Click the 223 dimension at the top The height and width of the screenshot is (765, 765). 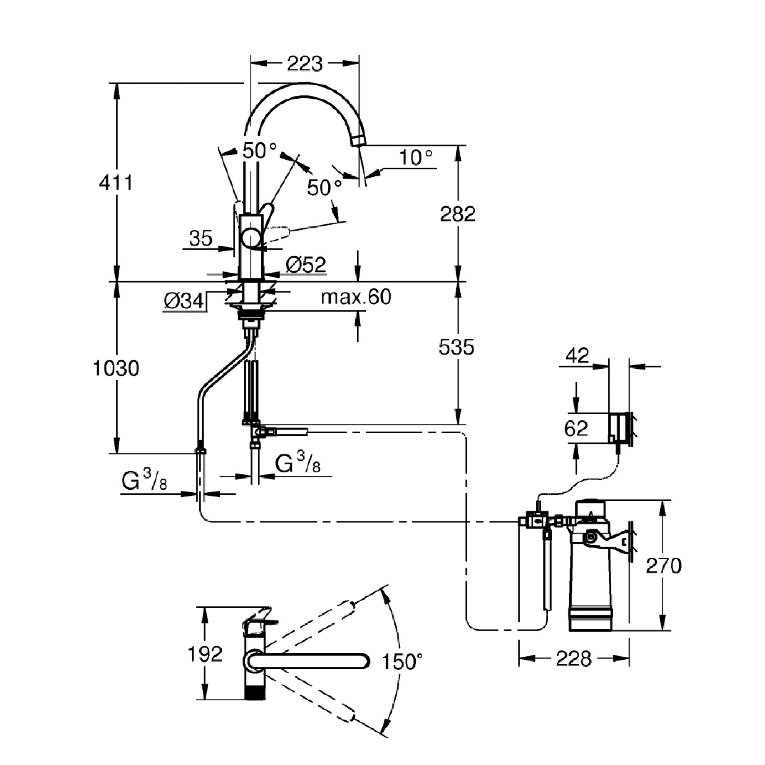click(x=304, y=63)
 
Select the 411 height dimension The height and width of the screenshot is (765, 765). click(x=116, y=183)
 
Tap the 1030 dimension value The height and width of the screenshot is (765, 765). click(x=116, y=369)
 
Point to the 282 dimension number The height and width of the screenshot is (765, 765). click(x=458, y=214)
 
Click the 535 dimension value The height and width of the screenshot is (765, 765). click(x=456, y=347)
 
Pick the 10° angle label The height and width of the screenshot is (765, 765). click(x=416, y=158)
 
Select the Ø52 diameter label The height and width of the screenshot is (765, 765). click(x=306, y=265)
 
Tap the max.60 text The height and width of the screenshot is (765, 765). click(x=356, y=296)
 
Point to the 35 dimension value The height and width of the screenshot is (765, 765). click(x=201, y=238)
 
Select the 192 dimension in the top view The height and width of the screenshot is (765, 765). click(x=205, y=654)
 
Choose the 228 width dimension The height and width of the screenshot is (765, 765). click(x=573, y=659)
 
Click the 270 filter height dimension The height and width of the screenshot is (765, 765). click(x=664, y=566)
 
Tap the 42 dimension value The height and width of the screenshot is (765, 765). click(x=578, y=355)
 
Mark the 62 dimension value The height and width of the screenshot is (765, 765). click(x=576, y=428)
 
